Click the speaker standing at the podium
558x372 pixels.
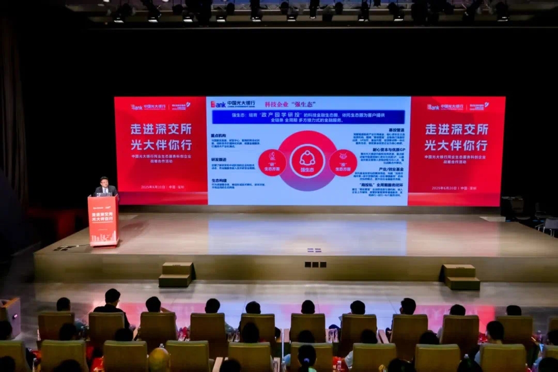105,187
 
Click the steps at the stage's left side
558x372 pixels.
176,274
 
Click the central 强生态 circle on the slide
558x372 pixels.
307,161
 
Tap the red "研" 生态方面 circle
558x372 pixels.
272,163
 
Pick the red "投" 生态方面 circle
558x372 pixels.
343,163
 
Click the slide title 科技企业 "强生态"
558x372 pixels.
290,104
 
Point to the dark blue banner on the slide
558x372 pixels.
308,117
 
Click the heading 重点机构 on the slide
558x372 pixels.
218,135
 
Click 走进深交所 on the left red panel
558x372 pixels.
161,129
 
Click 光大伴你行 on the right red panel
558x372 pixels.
456,145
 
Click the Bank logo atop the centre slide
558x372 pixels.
218,104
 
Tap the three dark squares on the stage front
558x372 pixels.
315,265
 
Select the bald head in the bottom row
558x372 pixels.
159,359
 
